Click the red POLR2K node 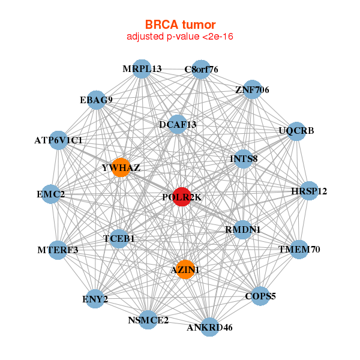182,196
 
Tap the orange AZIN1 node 185,269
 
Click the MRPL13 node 142,68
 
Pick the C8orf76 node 201,69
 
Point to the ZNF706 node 252,89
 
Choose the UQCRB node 296,131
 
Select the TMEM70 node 299,248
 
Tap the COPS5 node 260,295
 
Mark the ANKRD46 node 209,327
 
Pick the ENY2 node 95,298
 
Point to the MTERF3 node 58,250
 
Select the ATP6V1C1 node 58,140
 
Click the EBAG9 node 96,100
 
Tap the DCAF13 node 178,124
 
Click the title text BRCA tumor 180,25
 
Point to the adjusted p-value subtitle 180,37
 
